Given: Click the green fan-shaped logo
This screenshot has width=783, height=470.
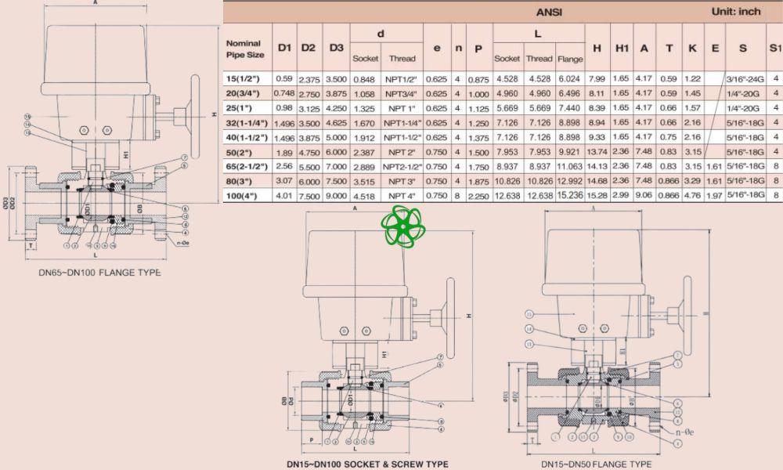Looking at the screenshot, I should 400,226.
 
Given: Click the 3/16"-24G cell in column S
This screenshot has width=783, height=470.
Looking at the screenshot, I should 742,79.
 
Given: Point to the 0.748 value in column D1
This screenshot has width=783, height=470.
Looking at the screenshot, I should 284,93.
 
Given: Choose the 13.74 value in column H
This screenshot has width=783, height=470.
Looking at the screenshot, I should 597,150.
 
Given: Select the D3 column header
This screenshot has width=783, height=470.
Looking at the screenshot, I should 336,49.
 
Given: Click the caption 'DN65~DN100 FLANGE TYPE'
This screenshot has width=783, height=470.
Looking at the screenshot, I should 99,273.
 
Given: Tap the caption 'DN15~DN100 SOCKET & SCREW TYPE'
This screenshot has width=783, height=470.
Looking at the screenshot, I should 367,464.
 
